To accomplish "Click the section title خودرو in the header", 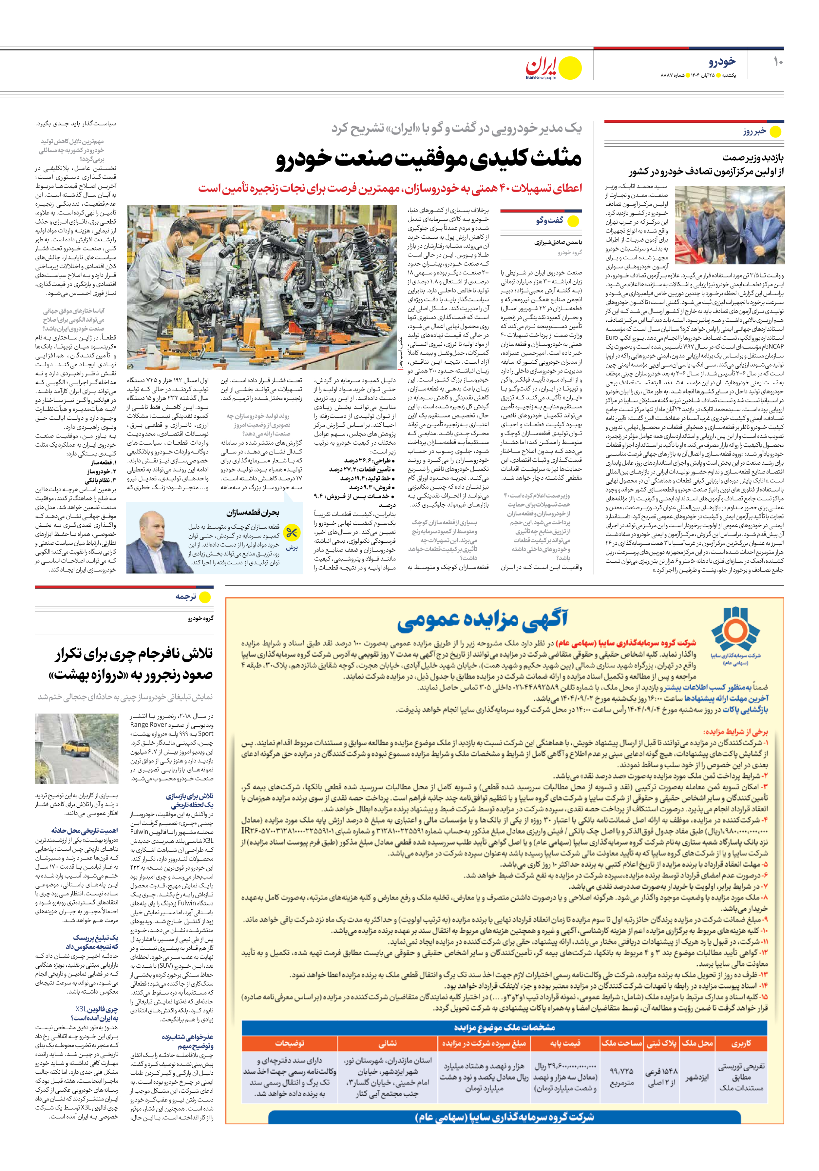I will pyautogui.click(x=722, y=62).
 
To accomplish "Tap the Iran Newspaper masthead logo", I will pyautogui.click(x=553, y=68).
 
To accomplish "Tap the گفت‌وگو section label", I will pyautogui.click(x=549, y=220).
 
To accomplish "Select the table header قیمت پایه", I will pyautogui.click(x=565, y=1043).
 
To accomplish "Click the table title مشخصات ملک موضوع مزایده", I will pyautogui.click(x=505, y=1027).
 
